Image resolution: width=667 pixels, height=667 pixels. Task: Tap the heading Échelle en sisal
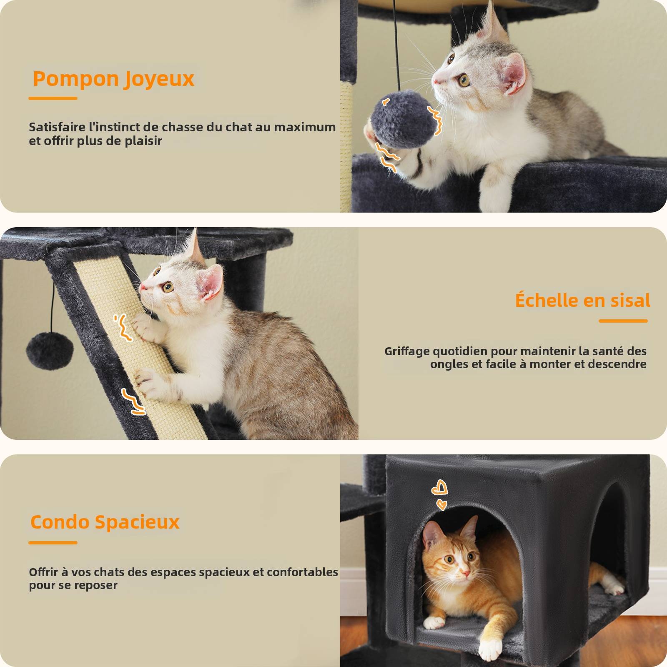click(x=582, y=300)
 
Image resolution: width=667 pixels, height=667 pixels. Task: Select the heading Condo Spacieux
click(x=105, y=522)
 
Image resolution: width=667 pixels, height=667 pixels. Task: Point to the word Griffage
click(x=406, y=351)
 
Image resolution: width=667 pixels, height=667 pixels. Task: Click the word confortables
click(x=302, y=572)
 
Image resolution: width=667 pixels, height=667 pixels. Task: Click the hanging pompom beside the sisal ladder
click(x=50, y=350)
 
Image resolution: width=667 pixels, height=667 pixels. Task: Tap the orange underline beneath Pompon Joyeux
click(x=53, y=98)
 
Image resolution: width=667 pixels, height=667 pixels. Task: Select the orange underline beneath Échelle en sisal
click(x=623, y=321)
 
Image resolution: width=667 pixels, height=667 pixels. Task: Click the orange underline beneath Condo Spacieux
click(x=53, y=543)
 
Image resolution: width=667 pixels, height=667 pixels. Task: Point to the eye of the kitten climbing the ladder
click(x=168, y=287)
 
